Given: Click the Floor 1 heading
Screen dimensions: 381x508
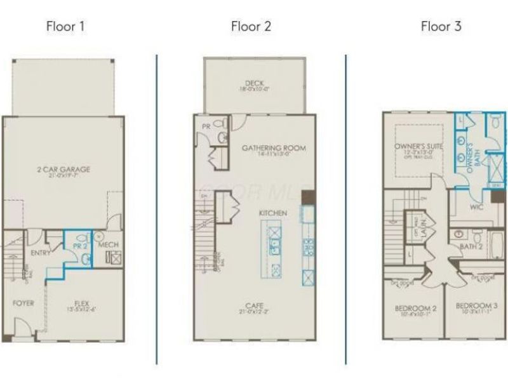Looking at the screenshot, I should point(65,27).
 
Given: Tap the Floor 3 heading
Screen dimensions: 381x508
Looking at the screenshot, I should point(441,27).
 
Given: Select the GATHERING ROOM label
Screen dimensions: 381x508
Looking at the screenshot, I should point(274,148).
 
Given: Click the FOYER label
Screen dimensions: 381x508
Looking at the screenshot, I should point(23,303).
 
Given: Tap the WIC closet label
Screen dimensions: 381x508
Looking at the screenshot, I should point(476,206).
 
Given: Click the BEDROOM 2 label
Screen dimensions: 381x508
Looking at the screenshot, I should point(415,308).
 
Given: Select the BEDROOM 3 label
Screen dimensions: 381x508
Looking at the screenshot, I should point(476,306).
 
